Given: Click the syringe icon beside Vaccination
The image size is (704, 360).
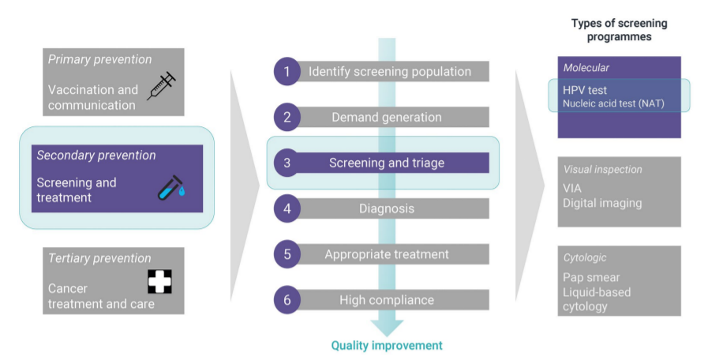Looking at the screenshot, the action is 162,85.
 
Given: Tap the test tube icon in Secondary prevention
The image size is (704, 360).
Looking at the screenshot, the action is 171,188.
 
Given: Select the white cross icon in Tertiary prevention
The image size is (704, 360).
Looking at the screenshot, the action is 160,281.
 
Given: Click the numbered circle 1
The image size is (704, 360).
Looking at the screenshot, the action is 287,71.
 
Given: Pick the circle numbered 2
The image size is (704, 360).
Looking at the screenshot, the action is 287,117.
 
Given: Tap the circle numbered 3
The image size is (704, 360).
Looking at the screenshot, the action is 287,163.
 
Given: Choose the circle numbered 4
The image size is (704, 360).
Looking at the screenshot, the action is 287,208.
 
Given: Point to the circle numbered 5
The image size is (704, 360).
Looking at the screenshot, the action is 287,254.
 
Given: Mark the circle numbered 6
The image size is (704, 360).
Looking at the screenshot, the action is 287,299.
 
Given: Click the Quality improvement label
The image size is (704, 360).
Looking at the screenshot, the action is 387,346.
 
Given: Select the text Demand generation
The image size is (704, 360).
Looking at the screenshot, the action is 387,117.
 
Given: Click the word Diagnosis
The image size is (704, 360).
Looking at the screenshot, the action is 387,208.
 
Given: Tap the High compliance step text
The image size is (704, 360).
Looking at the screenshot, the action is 387,300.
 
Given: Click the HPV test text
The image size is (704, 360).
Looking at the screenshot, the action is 585,90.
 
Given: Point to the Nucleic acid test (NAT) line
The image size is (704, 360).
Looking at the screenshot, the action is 613,103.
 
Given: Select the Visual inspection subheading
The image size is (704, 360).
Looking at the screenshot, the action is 602,169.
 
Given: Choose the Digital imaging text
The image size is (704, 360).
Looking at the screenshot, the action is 602,204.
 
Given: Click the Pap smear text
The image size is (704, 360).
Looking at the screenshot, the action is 591,277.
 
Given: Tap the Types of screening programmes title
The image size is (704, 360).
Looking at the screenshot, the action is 619,30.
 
